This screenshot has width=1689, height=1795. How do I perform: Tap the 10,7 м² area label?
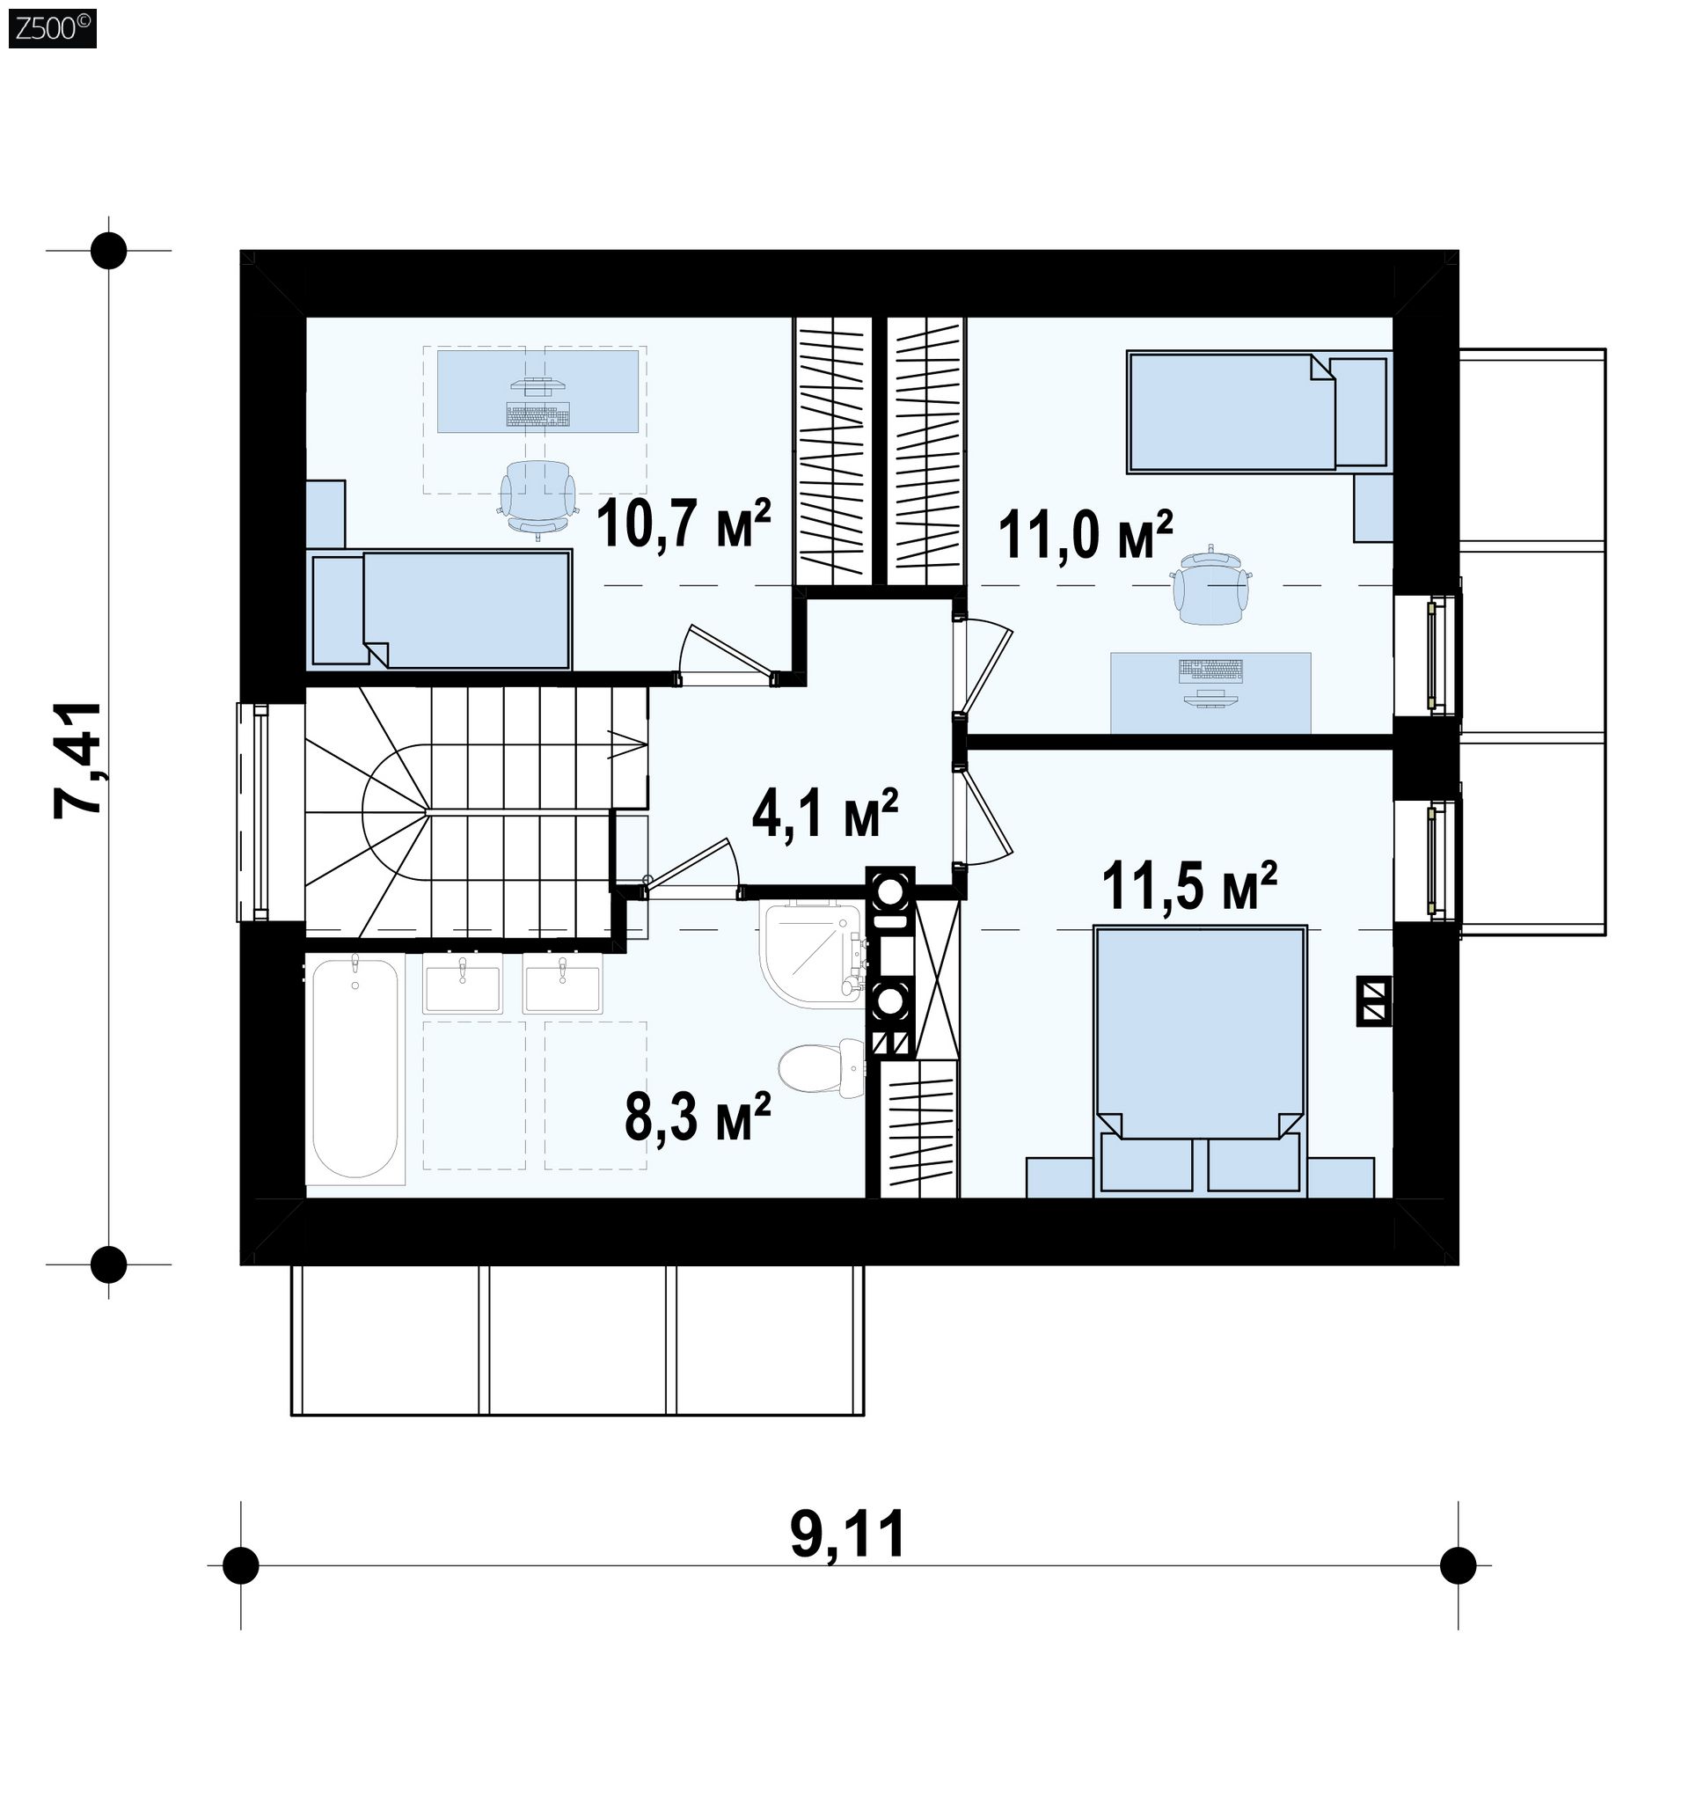pyautogui.click(x=684, y=524)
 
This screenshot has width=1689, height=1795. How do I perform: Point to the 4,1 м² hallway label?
pyautogui.click(x=824, y=816)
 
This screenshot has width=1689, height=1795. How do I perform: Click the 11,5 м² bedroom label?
pyautogui.click(x=1188, y=886)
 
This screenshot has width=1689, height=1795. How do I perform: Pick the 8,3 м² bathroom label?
pyautogui.click(x=698, y=1116)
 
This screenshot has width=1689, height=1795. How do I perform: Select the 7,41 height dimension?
pyautogui.click(x=77, y=759)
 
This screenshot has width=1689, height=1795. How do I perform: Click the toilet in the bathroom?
pyautogui.click(x=821, y=1069)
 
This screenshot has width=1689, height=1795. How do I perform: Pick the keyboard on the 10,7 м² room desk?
pyautogui.click(x=538, y=415)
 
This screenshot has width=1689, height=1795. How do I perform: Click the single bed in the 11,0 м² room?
pyautogui.click(x=1256, y=413)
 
